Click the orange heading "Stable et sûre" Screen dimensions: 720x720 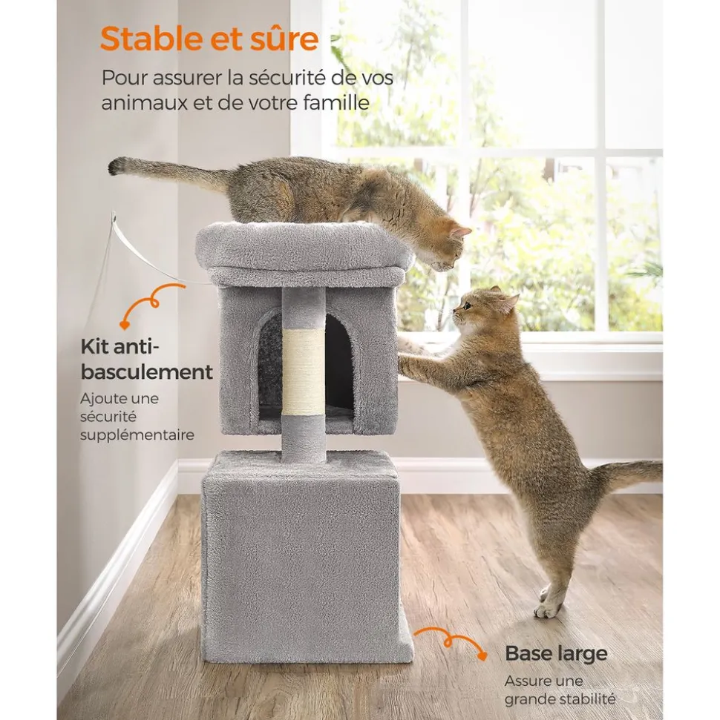(x=209, y=39)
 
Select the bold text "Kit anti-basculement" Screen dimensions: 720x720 (x=147, y=360)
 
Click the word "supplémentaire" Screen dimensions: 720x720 (x=137, y=435)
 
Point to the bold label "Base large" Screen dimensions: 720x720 (x=556, y=653)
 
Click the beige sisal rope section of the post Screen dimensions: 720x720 (x=303, y=372)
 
